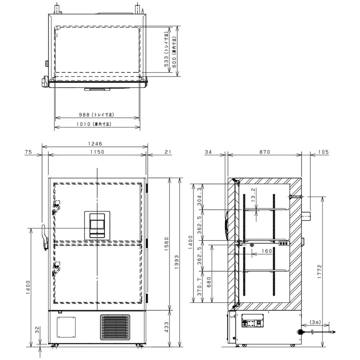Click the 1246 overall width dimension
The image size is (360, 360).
95,144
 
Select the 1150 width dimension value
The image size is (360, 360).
97,152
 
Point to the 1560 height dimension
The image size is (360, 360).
166,244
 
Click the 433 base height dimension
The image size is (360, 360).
166,327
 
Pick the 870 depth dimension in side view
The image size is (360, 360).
265,152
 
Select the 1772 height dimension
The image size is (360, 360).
319,272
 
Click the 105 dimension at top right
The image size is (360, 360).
323,152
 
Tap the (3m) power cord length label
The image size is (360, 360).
315,322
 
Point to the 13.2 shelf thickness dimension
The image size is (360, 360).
253,195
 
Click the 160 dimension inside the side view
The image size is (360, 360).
267,251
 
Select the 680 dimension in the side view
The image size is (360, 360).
209,282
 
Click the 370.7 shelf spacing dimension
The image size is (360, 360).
199,287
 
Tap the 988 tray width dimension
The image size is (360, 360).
96,114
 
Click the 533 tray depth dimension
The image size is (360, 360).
166,49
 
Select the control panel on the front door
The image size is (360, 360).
97,225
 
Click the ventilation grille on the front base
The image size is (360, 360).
115,327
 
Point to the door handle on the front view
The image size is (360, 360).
45,238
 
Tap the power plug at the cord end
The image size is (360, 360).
301,332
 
